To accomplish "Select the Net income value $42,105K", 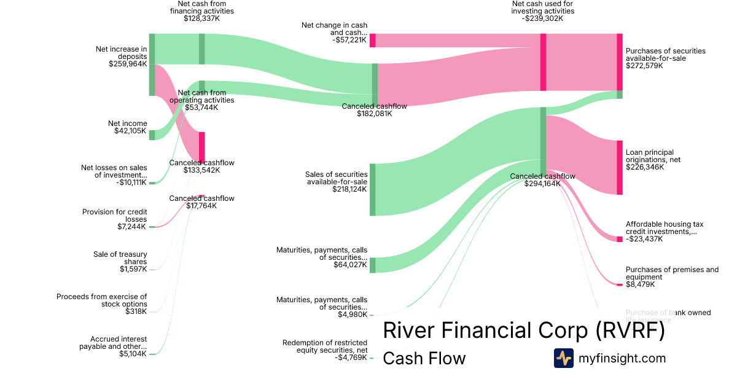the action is point(130,131).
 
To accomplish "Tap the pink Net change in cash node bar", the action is point(372,41).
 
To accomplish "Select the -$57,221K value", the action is point(350,40).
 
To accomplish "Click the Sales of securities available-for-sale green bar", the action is point(372,190).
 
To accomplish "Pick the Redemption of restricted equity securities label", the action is point(325,346).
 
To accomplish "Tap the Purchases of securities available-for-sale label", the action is point(665,55).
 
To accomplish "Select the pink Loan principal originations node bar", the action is point(619,167).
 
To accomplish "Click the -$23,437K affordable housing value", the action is point(644,239).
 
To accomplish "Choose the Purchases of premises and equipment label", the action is point(672,273).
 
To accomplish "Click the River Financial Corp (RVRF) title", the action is point(524,330).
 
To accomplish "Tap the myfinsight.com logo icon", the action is point(563,358).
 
